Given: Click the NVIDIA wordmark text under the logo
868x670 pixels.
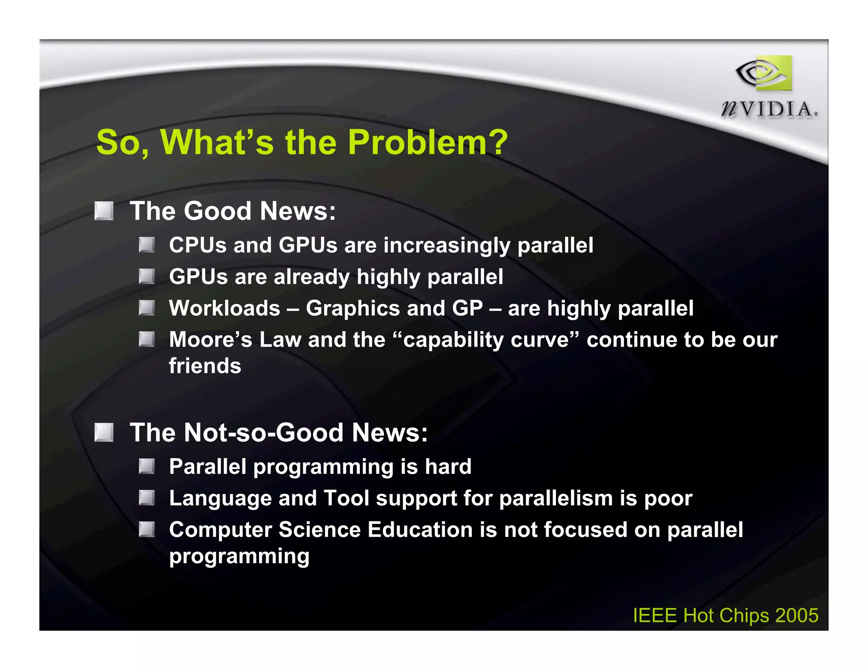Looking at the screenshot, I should (x=769, y=110).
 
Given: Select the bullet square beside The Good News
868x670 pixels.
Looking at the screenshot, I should (x=104, y=211).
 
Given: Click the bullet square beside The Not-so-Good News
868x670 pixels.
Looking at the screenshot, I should (x=104, y=432).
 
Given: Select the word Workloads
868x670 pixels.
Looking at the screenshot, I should (x=225, y=308).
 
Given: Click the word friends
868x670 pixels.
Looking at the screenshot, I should (x=205, y=366).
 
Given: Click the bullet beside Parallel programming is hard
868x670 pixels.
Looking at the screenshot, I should (x=147, y=466).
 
